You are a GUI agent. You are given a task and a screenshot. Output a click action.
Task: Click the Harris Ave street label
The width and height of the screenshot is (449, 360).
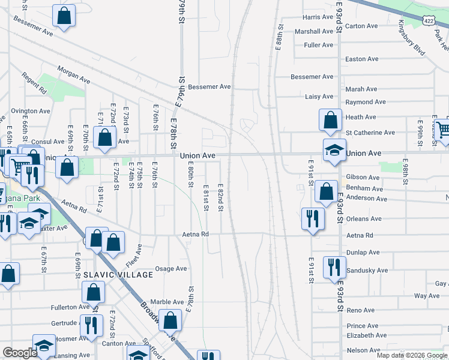(x=318, y=17)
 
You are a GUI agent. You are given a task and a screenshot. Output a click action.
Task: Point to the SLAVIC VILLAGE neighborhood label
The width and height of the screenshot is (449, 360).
(x=110, y=275)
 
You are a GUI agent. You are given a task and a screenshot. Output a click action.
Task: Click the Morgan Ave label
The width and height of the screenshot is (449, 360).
(x=74, y=76)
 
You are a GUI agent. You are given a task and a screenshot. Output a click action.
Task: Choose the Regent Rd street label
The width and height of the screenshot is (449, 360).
(x=34, y=83)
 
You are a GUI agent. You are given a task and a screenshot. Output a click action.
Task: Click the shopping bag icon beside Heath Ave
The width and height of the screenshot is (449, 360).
(x=330, y=121)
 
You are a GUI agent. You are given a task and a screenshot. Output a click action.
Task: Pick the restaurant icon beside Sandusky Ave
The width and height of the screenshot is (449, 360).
(x=334, y=267)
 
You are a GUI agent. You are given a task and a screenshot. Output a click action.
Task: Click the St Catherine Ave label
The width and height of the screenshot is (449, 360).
(x=370, y=133)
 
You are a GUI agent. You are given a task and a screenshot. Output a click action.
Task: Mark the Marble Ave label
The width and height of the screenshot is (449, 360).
(x=167, y=302)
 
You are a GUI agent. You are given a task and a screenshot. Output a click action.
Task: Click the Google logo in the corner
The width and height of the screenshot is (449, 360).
(x=20, y=353)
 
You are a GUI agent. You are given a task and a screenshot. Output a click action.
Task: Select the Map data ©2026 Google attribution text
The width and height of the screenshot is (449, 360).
(x=411, y=355)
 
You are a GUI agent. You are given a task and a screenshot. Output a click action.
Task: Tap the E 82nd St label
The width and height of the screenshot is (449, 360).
(x=221, y=197)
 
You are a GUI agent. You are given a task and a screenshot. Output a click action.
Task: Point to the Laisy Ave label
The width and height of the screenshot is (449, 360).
(x=319, y=97)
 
